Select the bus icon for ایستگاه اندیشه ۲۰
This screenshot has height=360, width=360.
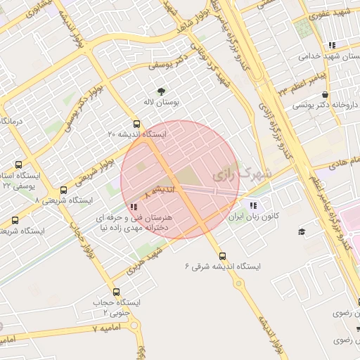[137, 124]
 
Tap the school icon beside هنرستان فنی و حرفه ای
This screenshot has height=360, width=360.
[134, 207]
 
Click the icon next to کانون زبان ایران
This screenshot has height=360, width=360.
[252, 205]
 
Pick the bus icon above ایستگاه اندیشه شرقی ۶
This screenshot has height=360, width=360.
[223, 256]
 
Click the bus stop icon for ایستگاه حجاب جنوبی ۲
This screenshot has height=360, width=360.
[117, 291]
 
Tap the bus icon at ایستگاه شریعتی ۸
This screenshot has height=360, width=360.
[64, 190]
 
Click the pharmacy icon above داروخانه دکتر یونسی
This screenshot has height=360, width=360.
[324, 94]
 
